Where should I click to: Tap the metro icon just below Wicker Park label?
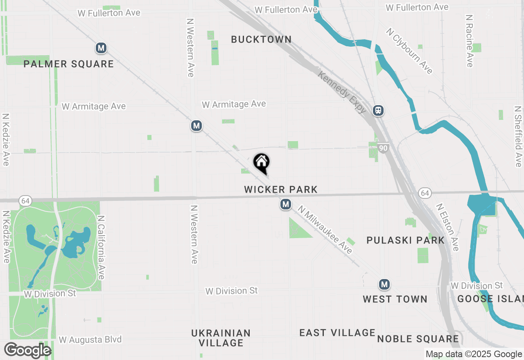point(286,204)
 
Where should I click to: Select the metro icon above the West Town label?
point(384,284)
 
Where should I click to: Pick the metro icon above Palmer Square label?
point(101,48)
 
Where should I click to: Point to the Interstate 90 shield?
point(383,148)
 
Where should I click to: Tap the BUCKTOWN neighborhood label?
point(261,39)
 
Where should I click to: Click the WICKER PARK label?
point(281,189)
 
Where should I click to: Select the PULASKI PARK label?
point(405,240)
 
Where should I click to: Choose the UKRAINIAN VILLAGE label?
point(221,338)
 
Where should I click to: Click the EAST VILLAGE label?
point(337,333)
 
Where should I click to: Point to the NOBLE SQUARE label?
point(418,339)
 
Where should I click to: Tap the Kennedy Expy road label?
point(342,92)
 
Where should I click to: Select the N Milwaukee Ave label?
point(325,229)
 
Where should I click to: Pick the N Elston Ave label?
point(447,227)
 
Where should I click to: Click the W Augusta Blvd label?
point(90,340)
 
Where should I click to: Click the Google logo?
point(27,351)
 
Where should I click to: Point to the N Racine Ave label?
point(470,41)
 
